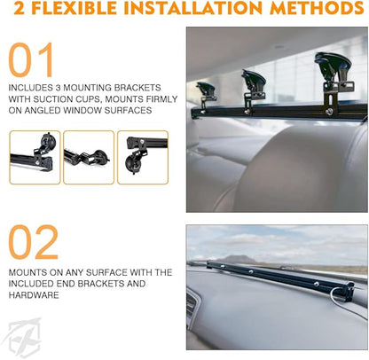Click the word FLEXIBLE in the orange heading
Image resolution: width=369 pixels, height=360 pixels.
pyautogui.click(x=74, y=8)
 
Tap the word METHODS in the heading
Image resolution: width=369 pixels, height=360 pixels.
pyautogui.click(x=317, y=8)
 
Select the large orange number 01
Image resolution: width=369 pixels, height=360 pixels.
pyautogui.click(x=31, y=60)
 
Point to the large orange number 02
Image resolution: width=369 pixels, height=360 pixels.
pyautogui.click(x=34, y=242)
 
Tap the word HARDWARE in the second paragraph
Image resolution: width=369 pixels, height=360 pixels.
pyautogui.click(x=34, y=295)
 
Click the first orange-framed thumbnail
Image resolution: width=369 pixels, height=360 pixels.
pyautogui.click(x=35, y=158)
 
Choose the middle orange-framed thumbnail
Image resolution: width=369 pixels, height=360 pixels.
pyautogui.click(x=89, y=158)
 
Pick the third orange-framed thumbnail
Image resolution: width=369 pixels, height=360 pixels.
pyautogui.click(x=143, y=158)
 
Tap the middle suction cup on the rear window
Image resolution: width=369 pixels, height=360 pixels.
pyautogui.click(x=254, y=80)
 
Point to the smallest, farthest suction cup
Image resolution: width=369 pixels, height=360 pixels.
pyautogui.click(x=205, y=89)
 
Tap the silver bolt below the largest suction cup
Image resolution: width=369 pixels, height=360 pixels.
pyautogui.click(x=329, y=112)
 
